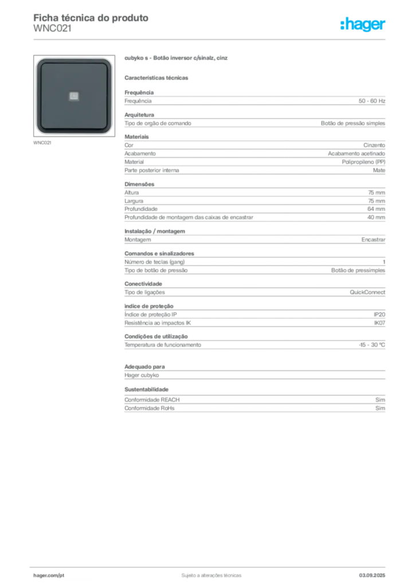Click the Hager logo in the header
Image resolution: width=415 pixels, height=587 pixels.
pyautogui.click(x=362, y=24)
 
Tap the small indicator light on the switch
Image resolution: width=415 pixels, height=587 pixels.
pyautogui.click(x=74, y=96)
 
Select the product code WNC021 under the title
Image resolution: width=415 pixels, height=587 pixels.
pyautogui.click(x=52, y=29)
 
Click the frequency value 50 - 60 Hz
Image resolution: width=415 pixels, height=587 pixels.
pyautogui.click(x=371, y=101)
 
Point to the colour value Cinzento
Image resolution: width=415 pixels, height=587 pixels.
pyautogui.click(x=374, y=145)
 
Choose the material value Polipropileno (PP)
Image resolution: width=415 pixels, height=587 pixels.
pyautogui.click(x=363, y=162)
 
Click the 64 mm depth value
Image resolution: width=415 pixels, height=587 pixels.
pyautogui.click(x=376, y=209)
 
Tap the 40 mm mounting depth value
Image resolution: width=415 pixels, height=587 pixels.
pyautogui.click(x=376, y=217)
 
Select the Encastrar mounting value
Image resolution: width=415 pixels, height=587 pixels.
pyautogui.click(x=373, y=240)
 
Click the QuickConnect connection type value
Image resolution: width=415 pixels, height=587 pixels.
pyautogui.click(x=367, y=292)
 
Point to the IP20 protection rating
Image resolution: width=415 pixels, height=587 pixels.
pyautogui.click(x=379, y=315)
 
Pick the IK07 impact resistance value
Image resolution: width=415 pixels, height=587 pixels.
pyautogui.click(x=379, y=323)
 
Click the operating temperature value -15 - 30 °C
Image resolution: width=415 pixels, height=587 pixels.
pyautogui.click(x=372, y=345)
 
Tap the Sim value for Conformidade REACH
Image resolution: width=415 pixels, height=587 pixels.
pyautogui.click(x=380, y=400)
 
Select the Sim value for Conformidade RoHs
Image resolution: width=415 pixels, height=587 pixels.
pyautogui.click(x=380, y=408)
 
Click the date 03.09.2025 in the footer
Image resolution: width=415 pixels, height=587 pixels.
pyautogui.click(x=372, y=576)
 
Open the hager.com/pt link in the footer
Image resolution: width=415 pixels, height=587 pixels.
pyautogui.click(x=49, y=576)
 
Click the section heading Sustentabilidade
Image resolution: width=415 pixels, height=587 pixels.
pyautogui.click(x=146, y=389)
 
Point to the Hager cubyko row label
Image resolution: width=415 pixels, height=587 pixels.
pyautogui.click(x=142, y=375)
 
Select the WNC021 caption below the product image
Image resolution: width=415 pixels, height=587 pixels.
pyautogui.click(x=42, y=143)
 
